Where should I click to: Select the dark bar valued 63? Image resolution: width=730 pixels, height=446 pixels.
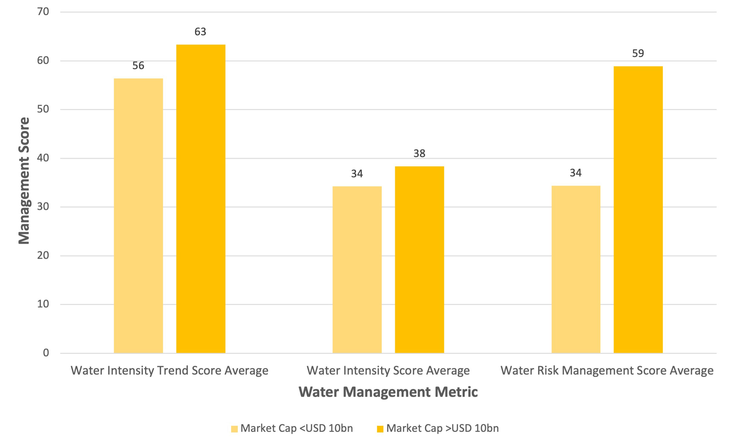click(200, 199)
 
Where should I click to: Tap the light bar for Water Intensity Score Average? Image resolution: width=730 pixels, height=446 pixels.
click(357, 270)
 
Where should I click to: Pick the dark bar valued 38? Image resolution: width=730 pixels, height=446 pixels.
click(419, 260)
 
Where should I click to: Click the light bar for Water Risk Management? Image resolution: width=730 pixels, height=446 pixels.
click(576, 269)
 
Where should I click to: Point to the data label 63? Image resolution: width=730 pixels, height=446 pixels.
click(200, 32)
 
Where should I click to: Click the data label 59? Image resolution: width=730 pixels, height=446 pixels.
click(638, 53)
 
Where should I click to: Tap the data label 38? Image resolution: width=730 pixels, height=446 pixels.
click(419, 153)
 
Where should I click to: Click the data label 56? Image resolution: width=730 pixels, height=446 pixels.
click(138, 66)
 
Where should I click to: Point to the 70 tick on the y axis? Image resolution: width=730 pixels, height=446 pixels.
click(43, 12)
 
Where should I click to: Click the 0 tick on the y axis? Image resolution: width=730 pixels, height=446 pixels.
click(46, 353)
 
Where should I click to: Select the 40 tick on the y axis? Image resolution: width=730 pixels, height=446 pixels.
click(43, 158)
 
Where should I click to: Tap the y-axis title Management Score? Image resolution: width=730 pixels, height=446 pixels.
click(24, 181)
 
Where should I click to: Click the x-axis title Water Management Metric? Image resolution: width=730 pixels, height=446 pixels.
click(388, 392)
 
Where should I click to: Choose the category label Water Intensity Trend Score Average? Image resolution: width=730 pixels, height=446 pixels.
click(170, 371)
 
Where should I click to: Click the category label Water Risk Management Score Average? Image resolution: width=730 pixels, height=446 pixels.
click(607, 371)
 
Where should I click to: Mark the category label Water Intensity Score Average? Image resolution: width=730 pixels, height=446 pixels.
click(388, 371)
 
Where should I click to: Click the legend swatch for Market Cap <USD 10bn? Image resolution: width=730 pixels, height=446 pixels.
click(234, 429)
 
